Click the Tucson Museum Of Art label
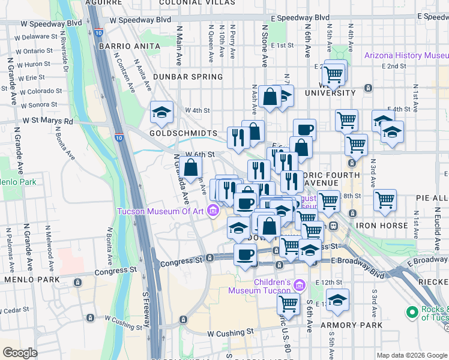coord(160,211)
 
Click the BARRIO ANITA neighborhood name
coord(123,46)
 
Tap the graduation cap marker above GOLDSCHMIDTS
coord(161,112)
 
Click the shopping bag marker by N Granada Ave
coord(191,166)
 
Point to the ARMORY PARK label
coord(343,325)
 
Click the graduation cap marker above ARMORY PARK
coord(337,300)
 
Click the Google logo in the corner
coord(20,352)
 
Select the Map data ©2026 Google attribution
coord(411,355)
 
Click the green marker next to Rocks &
coord(412,313)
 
